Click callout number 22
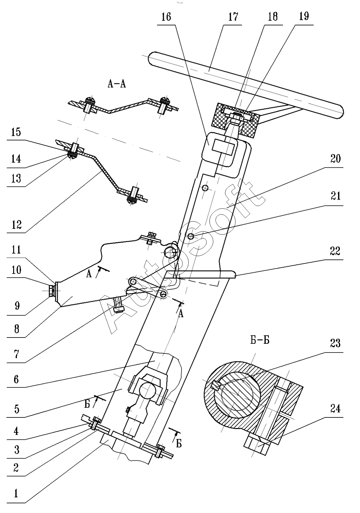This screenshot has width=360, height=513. click(x=335, y=251)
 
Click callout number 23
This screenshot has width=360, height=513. click(x=335, y=343)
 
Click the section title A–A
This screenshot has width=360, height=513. click(x=117, y=84)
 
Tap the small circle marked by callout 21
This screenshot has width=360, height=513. click(x=190, y=237)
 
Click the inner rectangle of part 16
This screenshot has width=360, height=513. click(x=223, y=147)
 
